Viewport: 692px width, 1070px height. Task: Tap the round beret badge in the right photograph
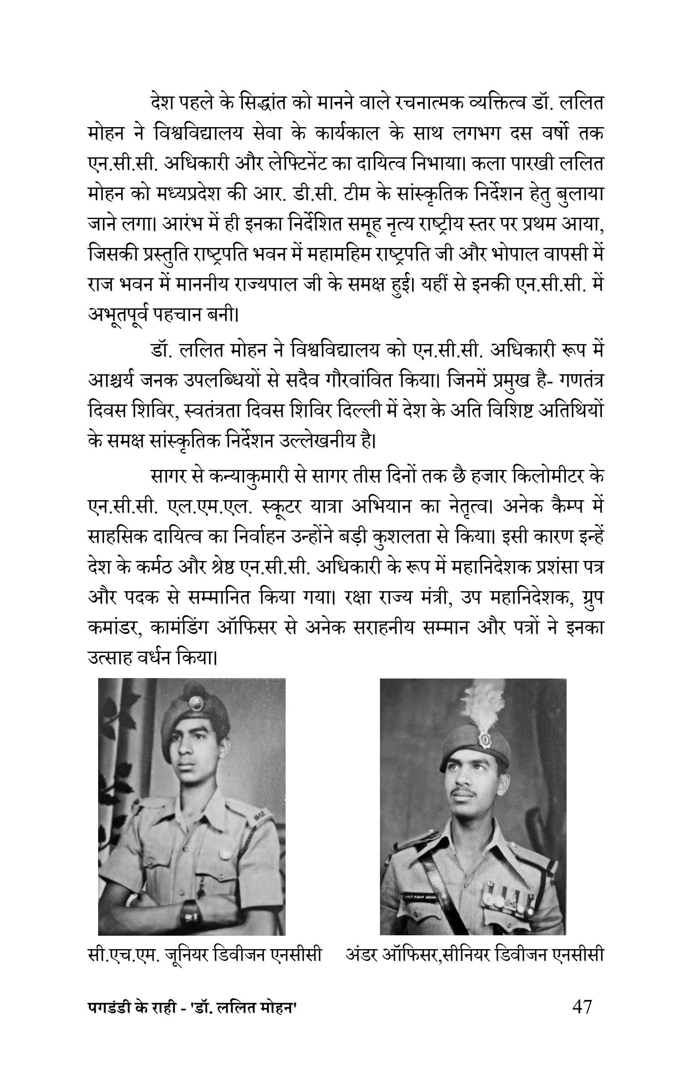(x=485, y=739)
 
